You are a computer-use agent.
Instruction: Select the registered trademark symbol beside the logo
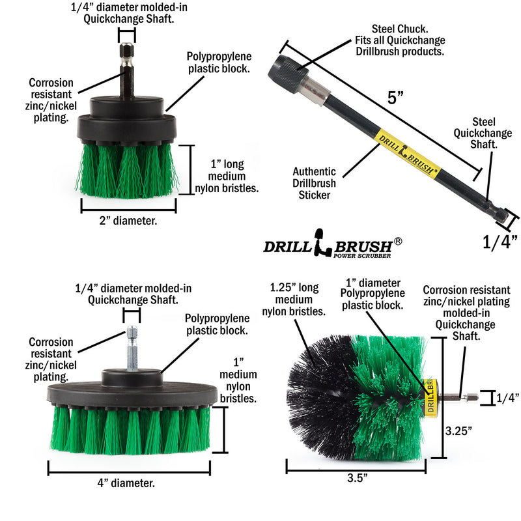pos(398,240)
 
